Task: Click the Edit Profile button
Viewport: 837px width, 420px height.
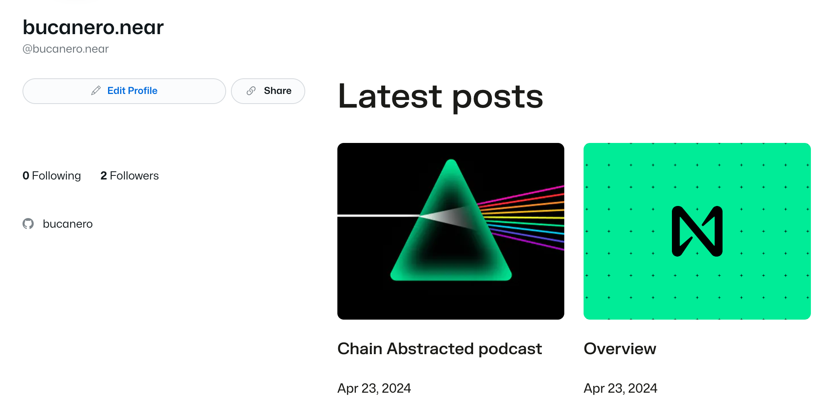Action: [x=124, y=91]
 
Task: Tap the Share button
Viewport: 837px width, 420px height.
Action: [x=268, y=91]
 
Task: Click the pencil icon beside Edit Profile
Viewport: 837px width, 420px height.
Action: [x=96, y=91]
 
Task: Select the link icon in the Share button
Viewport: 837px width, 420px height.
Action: [x=251, y=91]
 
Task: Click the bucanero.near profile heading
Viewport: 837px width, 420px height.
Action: [x=93, y=27]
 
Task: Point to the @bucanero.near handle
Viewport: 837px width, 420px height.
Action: [x=65, y=49]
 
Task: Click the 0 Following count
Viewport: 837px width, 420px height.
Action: [x=51, y=175]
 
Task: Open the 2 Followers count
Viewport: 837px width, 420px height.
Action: [x=129, y=175]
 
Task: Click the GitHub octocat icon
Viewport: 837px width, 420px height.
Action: [x=28, y=224]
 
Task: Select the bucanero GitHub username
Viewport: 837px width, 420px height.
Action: [x=67, y=224]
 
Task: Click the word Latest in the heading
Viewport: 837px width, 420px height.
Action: [x=390, y=96]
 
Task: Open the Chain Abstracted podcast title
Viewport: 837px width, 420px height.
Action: [x=439, y=349]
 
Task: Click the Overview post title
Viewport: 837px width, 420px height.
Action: [x=620, y=349]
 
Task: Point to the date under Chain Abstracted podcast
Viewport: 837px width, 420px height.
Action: [x=374, y=388]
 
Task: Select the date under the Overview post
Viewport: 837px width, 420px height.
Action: [x=620, y=388]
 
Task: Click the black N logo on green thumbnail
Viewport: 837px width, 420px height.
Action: [x=697, y=231]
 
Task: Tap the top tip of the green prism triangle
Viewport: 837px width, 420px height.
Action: [x=451, y=163]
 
